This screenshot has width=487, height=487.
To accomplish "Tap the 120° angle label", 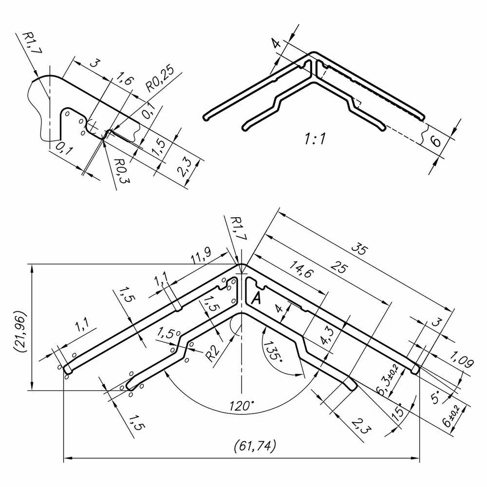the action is coord(242,406).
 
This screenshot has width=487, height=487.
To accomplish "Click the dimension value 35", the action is coord(360,249).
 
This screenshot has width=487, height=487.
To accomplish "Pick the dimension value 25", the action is coord(339,267).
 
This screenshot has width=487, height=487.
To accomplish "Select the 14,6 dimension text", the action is coord(301,269).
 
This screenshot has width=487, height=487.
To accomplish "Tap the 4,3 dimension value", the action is coord(327,337).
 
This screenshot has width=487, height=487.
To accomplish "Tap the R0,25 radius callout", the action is coord(160,79).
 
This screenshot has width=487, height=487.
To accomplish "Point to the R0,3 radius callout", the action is coord(122,170).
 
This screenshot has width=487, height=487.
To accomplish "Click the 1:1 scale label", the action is coord(315,138).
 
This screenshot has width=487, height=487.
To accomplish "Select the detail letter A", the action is coord(257,298).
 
